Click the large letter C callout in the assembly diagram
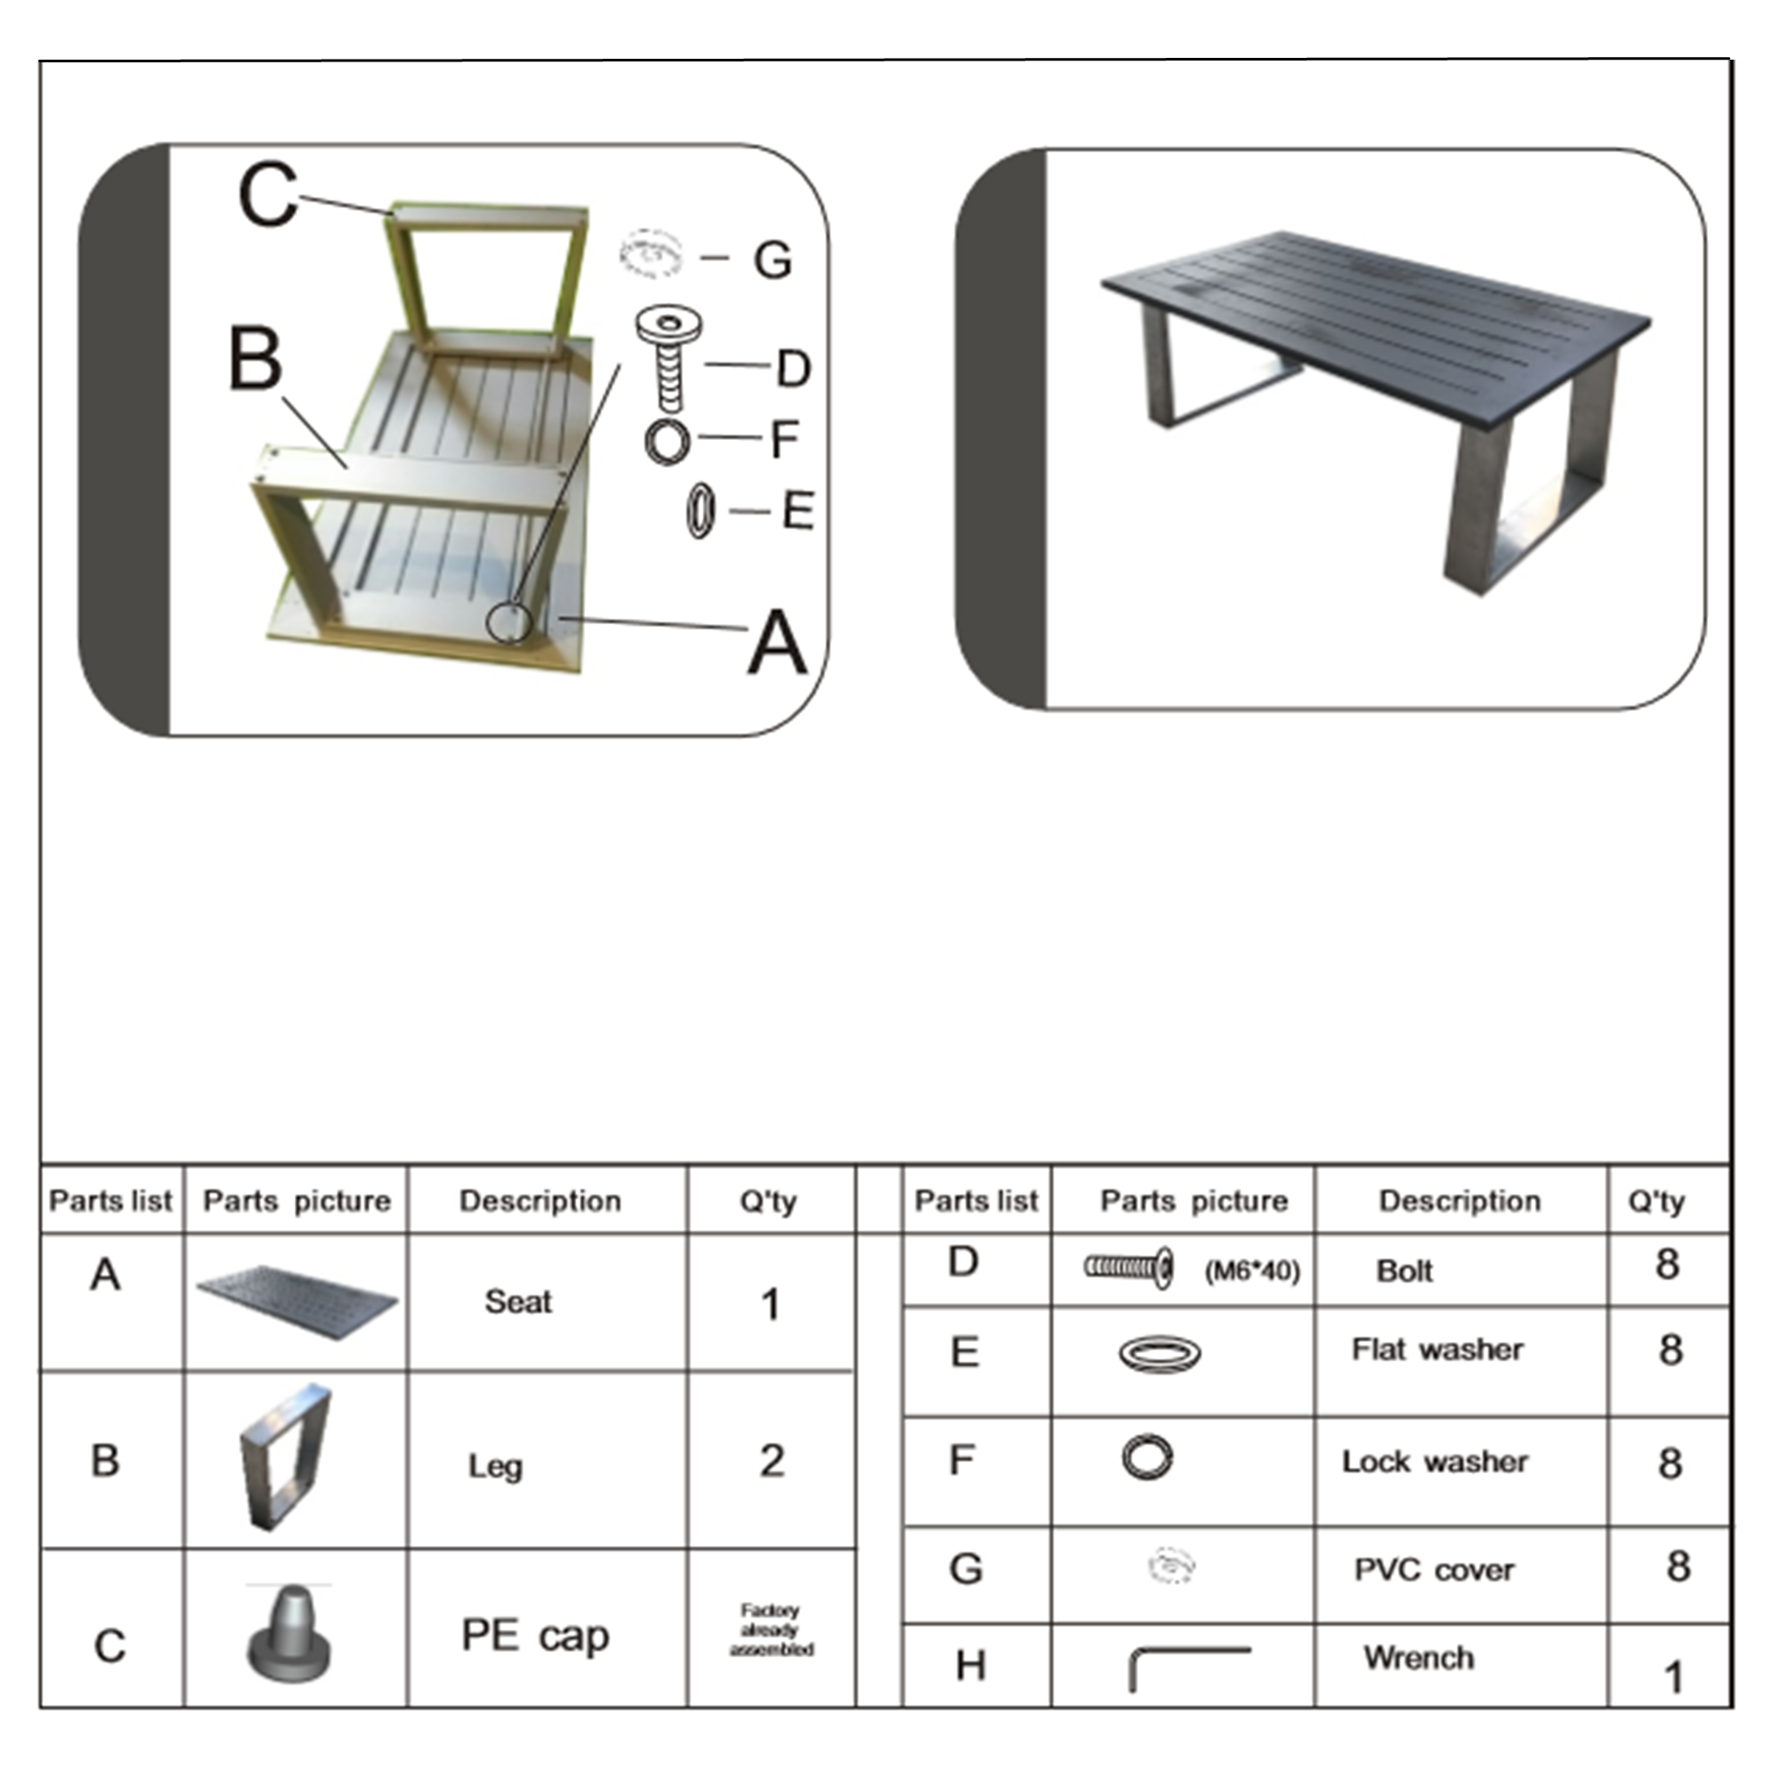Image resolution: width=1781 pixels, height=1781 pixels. pyautogui.click(x=267, y=195)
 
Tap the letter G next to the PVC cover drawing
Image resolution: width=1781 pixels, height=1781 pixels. pyautogui.click(x=772, y=261)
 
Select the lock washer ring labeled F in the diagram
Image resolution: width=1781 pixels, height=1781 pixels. pyautogui.click(x=667, y=441)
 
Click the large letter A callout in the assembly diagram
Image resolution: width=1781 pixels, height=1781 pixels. pyautogui.click(x=777, y=644)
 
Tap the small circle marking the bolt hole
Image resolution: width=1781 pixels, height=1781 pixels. pyautogui.click(x=508, y=622)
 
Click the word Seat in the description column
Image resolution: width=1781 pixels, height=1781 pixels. pyautogui.click(x=518, y=1302)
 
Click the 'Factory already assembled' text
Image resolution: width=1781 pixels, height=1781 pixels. pyautogui.click(x=770, y=1630)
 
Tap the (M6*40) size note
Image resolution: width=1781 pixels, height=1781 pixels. pyautogui.click(x=1252, y=1272)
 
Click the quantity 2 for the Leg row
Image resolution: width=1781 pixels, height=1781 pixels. pyautogui.click(x=771, y=1461)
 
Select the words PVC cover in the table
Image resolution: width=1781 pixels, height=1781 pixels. pyautogui.click(x=1434, y=1570)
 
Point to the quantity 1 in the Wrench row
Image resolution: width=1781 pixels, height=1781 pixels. pyautogui.click(x=1673, y=1677)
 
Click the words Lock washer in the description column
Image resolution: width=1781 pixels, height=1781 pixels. pyautogui.click(x=1435, y=1462)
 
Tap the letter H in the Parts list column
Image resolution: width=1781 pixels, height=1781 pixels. pyautogui.click(x=970, y=1666)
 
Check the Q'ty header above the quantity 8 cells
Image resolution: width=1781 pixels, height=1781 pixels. pyautogui.click(x=1655, y=1202)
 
